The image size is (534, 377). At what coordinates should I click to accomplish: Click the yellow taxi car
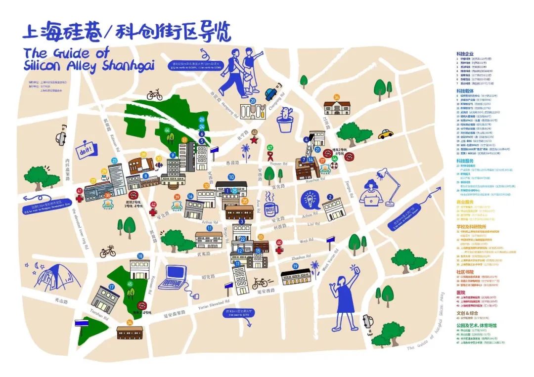click(x=386, y=134)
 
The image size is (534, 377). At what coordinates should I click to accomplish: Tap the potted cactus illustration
click(x=286, y=119)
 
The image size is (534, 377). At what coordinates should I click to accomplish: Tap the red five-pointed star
click(x=255, y=140)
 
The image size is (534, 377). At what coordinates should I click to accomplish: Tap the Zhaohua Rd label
click(x=302, y=257)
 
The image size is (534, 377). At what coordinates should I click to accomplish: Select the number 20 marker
click(x=252, y=101)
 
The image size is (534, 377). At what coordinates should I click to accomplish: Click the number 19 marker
click(x=295, y=266)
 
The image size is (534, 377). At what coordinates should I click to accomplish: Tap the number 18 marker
click(x=140, y=256)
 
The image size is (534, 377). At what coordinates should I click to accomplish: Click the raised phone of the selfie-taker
click(x=353, y=269)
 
